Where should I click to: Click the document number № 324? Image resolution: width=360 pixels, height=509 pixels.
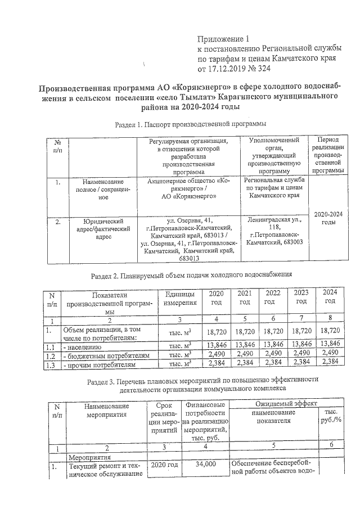(x=258, y=69)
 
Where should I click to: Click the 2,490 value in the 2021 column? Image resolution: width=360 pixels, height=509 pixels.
(x=244, y=355)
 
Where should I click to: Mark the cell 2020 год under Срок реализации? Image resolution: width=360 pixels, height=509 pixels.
(x=164, y=465)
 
